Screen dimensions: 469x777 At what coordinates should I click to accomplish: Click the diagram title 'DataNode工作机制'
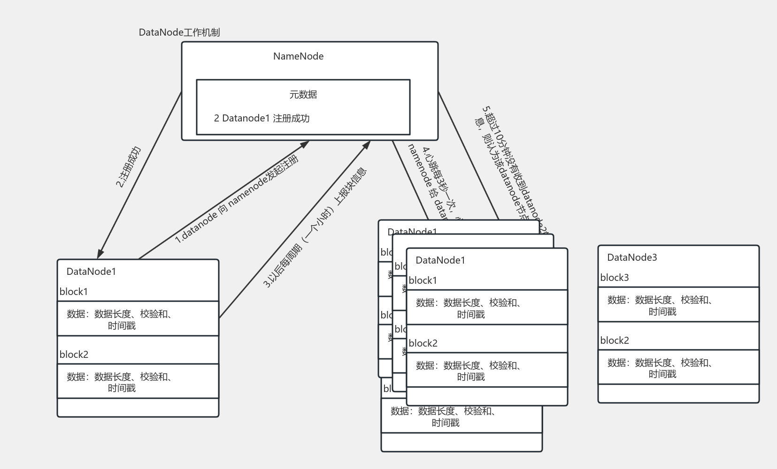click(179, 32)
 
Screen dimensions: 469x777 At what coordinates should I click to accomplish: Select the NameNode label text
click(298, 56)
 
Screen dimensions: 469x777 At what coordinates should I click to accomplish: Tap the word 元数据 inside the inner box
click(303, 94)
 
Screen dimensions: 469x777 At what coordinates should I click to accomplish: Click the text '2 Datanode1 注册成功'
click(262, 118)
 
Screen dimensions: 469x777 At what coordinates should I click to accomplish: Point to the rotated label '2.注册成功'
click(128, 167)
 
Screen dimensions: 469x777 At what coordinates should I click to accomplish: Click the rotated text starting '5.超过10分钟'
click(509, 169)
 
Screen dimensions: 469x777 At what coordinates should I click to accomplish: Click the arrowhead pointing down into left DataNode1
click(100, 254)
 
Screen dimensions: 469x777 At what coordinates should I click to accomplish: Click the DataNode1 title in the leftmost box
click(91, 272)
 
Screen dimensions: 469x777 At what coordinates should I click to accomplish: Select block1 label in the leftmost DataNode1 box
click(74, 292)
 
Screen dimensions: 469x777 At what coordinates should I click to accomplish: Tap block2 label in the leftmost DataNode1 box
click(74, 355)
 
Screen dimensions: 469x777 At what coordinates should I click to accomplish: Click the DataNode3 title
click(632, 257)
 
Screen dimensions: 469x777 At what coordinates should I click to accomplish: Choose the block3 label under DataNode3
click(614, 278)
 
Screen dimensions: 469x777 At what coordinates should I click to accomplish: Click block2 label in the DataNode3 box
click(614, 340)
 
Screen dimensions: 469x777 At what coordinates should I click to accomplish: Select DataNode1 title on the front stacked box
click(440, 260)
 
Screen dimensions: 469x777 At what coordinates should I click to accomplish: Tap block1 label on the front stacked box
click(423, 280)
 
